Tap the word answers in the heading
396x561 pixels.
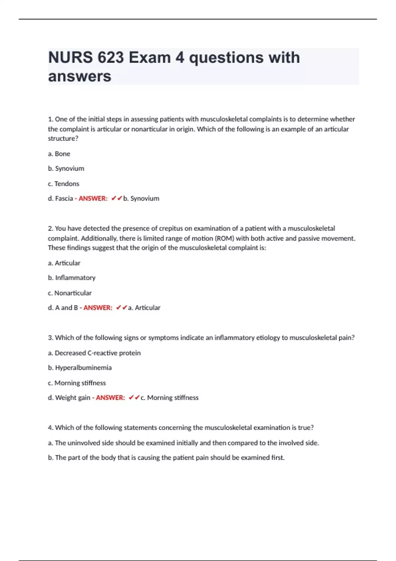[80, 76]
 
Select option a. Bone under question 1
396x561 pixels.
[59, 154]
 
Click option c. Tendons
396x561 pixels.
[64, 184]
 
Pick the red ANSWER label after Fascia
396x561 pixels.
[93, 199]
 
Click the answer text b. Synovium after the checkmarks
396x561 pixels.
[141, 199]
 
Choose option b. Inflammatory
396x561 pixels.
[72, 278]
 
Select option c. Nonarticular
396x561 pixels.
[70, 293]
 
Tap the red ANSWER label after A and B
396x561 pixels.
[98, 308]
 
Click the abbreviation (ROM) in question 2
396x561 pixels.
[224, 238]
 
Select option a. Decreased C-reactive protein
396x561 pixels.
[94, 353]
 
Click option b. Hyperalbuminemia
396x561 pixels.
[80, 368]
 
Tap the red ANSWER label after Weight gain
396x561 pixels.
[110, 398]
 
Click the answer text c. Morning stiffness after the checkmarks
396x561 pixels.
[170, 398]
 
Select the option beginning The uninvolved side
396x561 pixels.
[183, 443]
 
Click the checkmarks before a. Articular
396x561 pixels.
[122, 308]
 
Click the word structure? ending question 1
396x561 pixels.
[63, 139]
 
